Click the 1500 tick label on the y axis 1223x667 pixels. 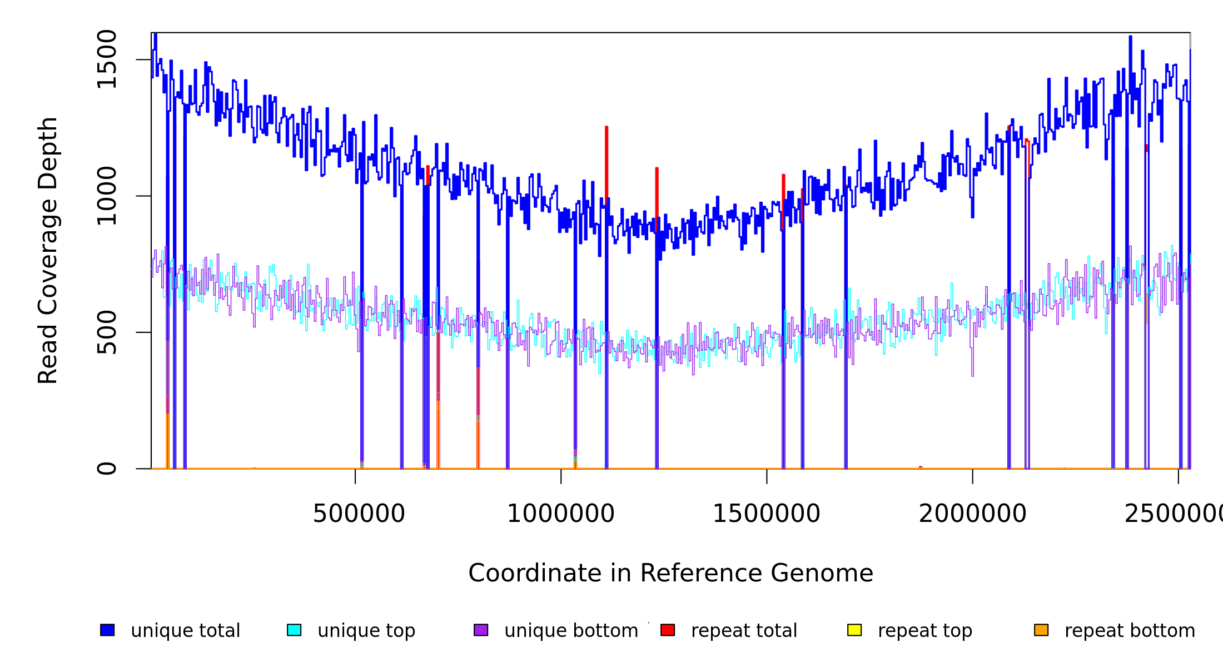click(106, 59)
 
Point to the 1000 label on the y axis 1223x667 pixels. click(106, 196)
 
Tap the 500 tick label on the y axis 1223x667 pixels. click(106, 332)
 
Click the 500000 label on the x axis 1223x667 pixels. click(359, 514)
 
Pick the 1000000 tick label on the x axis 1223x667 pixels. click(560, 514)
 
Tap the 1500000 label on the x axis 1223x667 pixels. click(766, 514)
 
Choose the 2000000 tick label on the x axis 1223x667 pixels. click(972, 514)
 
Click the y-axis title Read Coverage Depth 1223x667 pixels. click(48, 250)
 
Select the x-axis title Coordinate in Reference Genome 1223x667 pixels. click(670, 574)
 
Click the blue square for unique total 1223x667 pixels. click(107, 630)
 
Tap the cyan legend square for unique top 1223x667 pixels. click(294, 630)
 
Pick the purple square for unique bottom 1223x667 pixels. click(481, 630)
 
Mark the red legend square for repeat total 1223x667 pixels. click(668, 630)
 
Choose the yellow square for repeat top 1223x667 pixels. click(854, 630)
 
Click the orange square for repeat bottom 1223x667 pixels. click(1041, 630)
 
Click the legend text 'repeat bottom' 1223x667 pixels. click(1130, 631)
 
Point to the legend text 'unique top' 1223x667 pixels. click(366, 631)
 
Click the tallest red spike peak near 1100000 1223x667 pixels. click(606, 128)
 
